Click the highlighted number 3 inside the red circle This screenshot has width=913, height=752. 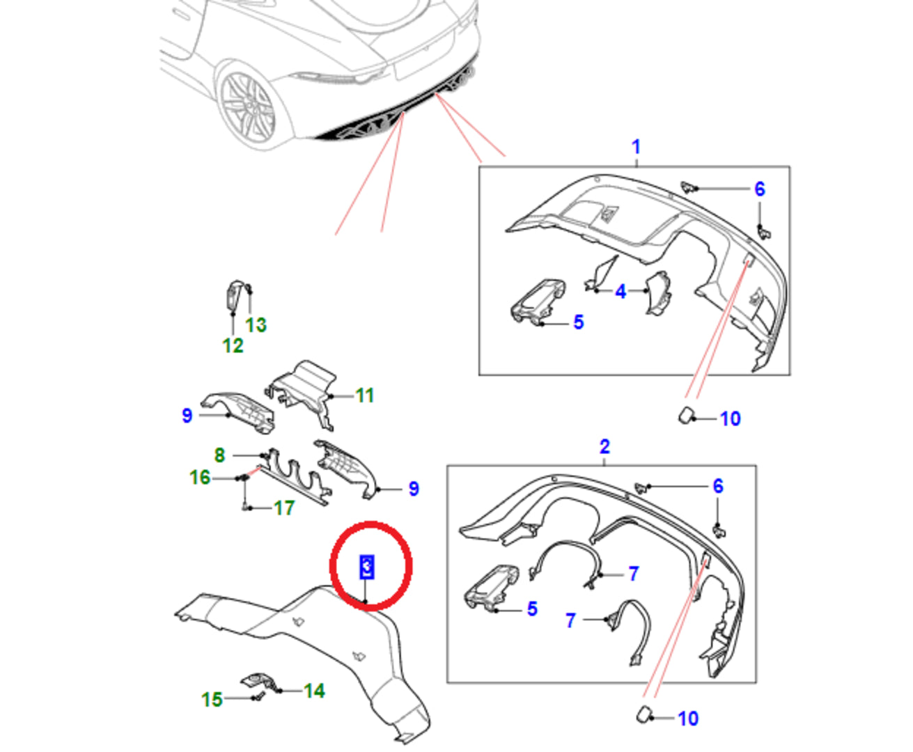(366, 567)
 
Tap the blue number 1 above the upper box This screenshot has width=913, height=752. (635, 147)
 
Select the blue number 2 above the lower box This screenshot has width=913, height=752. (604, 446)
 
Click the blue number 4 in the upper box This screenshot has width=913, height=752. (621, 292)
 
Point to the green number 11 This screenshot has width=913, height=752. (365, 395)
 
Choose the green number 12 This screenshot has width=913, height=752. (233, 345)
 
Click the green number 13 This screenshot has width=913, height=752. (256, 324)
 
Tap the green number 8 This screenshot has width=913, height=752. (219, 455)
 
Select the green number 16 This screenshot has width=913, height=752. (200, 478)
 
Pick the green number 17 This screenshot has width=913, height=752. (284, 508)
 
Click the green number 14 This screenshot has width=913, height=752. (314, 691)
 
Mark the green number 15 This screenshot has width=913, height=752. (212, 699)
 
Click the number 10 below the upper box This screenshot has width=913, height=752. (730, 418)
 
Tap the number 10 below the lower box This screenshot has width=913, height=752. (688, 719)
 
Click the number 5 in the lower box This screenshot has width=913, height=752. (532, 609)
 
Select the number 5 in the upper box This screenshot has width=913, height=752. (578, 322)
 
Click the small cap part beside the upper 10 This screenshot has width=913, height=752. (686, 416)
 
